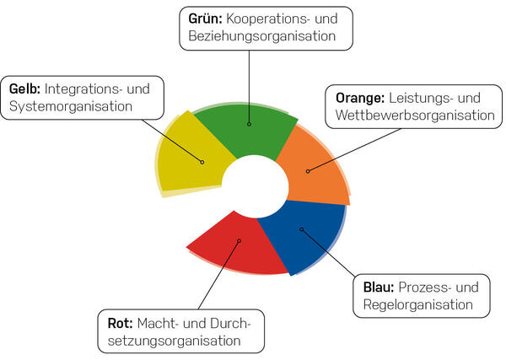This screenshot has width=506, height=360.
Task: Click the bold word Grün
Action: (206, 19)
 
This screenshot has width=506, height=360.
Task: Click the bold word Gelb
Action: (24, 89)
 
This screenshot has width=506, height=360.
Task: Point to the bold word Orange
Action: (360, 99)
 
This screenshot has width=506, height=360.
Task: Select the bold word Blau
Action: (379, 287)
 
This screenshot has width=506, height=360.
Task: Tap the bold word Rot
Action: (121, 323)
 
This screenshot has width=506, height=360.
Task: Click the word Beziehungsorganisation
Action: (262, 36)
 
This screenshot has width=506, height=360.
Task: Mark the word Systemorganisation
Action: (71, 107)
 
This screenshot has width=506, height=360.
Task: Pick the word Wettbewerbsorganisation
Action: (415, 116)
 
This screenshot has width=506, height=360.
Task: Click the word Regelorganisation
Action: (418, 305)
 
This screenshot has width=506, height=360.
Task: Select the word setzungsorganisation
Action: (175, 341)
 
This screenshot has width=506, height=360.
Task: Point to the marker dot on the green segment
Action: (249, 124)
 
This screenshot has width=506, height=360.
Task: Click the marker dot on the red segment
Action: (240, 240)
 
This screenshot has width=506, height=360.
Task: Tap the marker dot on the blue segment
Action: (302, 229)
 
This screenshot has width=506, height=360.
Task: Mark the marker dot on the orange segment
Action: (308, 171)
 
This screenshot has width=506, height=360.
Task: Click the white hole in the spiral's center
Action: (255, 186)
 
